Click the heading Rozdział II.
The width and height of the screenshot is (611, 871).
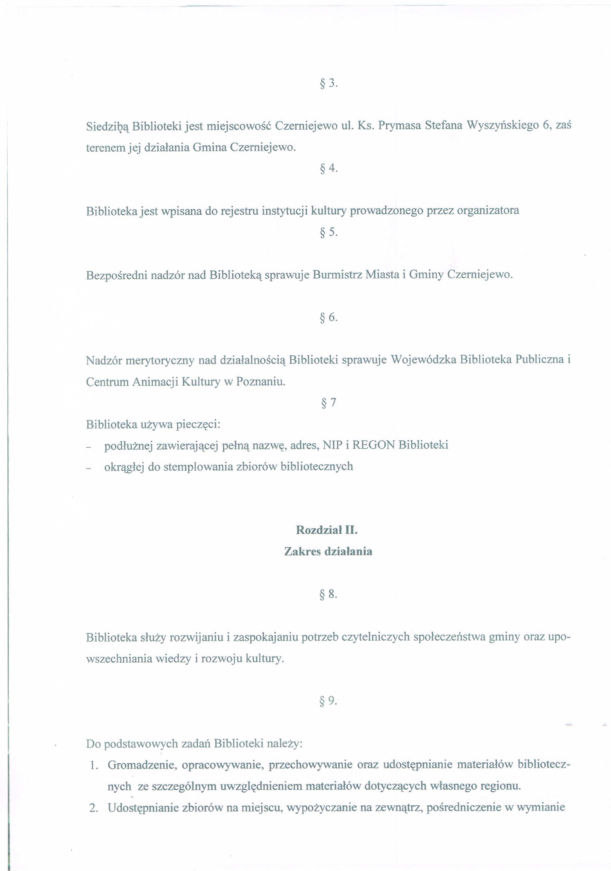point(326,530)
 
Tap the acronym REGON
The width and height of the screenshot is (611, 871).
point(373,445)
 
